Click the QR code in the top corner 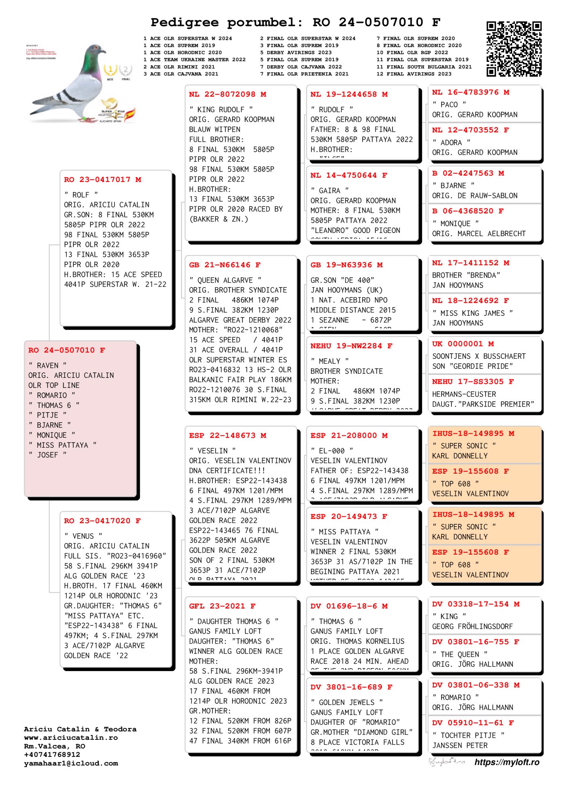click(x=514, y=49)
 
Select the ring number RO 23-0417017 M click(x=103, y=180)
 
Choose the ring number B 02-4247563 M click(x=468, y=173)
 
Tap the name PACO click(x=449, y=105)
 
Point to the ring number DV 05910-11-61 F click(x=473, y=723)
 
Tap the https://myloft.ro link click(x=507, y=762)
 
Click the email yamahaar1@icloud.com click(x=71, y=763)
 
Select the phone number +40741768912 click(x=52, y=755)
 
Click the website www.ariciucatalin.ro click(x=71, y=738)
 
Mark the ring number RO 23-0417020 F click(x=102, y=521)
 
